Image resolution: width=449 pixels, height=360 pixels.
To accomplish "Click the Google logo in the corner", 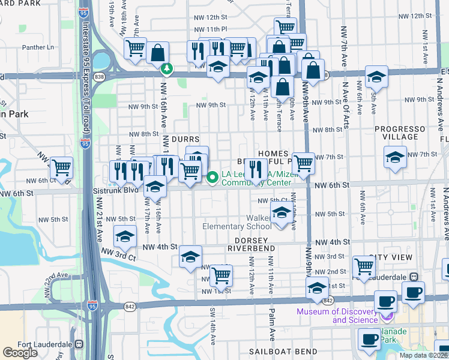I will (20, 353).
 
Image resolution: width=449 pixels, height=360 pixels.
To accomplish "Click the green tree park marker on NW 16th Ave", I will (167, 70).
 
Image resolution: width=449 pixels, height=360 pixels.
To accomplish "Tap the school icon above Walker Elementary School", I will (282, 212).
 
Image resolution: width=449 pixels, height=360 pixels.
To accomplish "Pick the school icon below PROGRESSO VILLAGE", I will (394, 157).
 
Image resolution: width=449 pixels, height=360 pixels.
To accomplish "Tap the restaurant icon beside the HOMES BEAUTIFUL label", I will (257, 169).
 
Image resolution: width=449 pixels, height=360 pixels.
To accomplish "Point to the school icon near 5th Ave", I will (376, 77).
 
